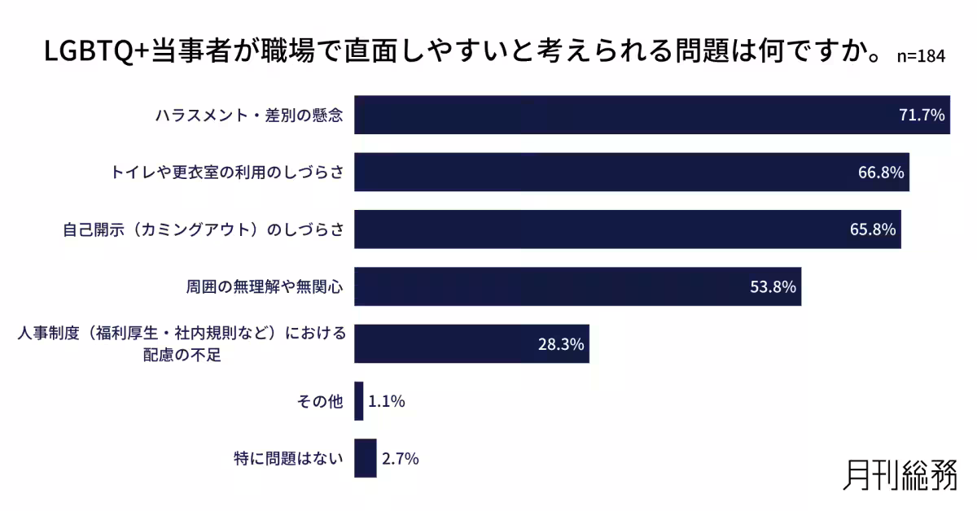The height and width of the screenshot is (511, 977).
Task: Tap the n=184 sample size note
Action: [x=921, y=57]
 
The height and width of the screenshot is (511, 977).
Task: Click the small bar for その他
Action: [x=359, y=401]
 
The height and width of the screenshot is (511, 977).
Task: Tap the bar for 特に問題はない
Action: [x=366, y=459]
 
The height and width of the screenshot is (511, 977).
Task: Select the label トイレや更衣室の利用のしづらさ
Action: [x=227, y=173]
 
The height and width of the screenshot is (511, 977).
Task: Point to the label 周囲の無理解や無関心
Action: [x=265, y=287]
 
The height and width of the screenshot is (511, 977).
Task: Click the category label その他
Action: [x=322, y=402]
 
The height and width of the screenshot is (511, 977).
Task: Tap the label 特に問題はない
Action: [x=288, y=459]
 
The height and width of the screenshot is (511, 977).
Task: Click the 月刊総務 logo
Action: [x=900, y=475]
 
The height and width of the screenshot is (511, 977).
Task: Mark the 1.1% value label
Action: [x=387, y=401]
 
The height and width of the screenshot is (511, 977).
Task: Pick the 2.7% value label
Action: [x=400, y=459]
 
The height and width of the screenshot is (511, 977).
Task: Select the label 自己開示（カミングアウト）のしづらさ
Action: [x=204, y=230]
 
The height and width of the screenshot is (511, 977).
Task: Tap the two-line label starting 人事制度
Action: [x=182, y=344]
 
